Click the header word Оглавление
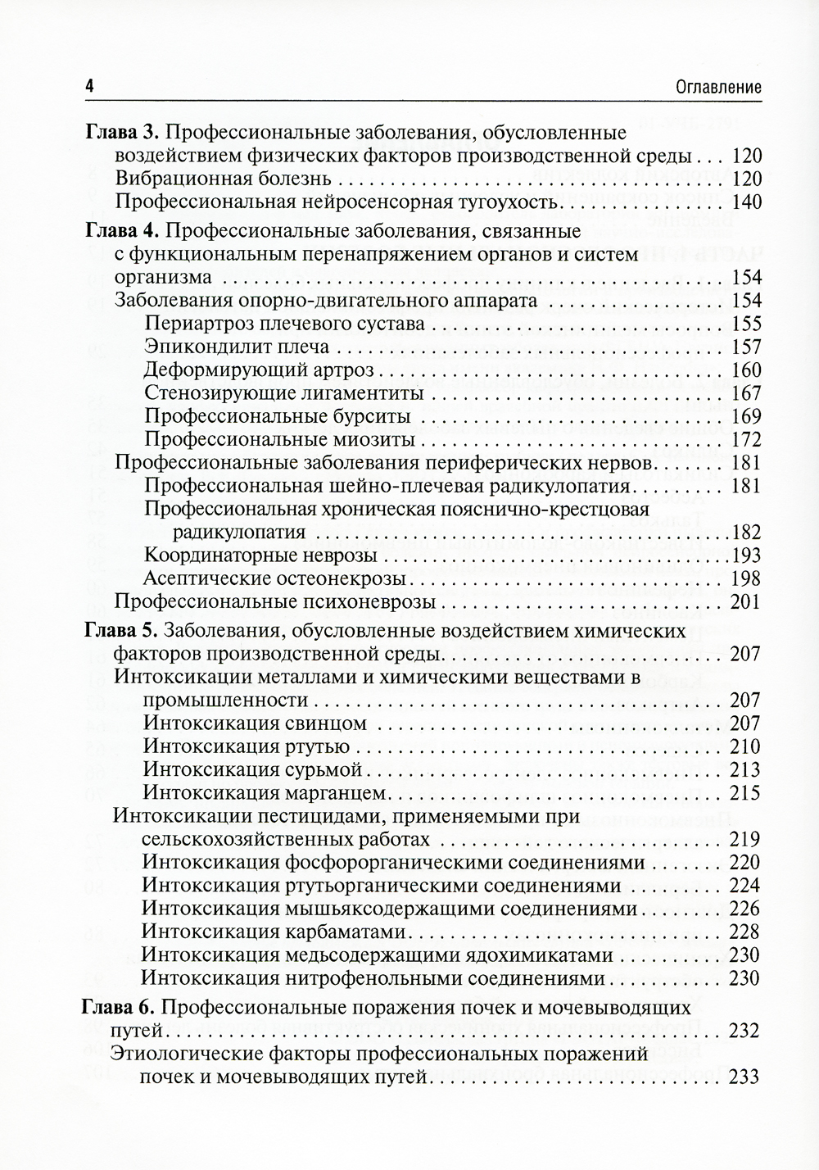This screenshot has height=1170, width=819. [713, 88]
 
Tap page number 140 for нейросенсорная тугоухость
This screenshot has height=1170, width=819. [746, 202]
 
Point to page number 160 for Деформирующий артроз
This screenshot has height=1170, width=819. [746, 370]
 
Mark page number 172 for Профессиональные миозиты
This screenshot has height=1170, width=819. [746, 440]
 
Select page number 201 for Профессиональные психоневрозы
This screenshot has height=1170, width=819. [746, 602]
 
